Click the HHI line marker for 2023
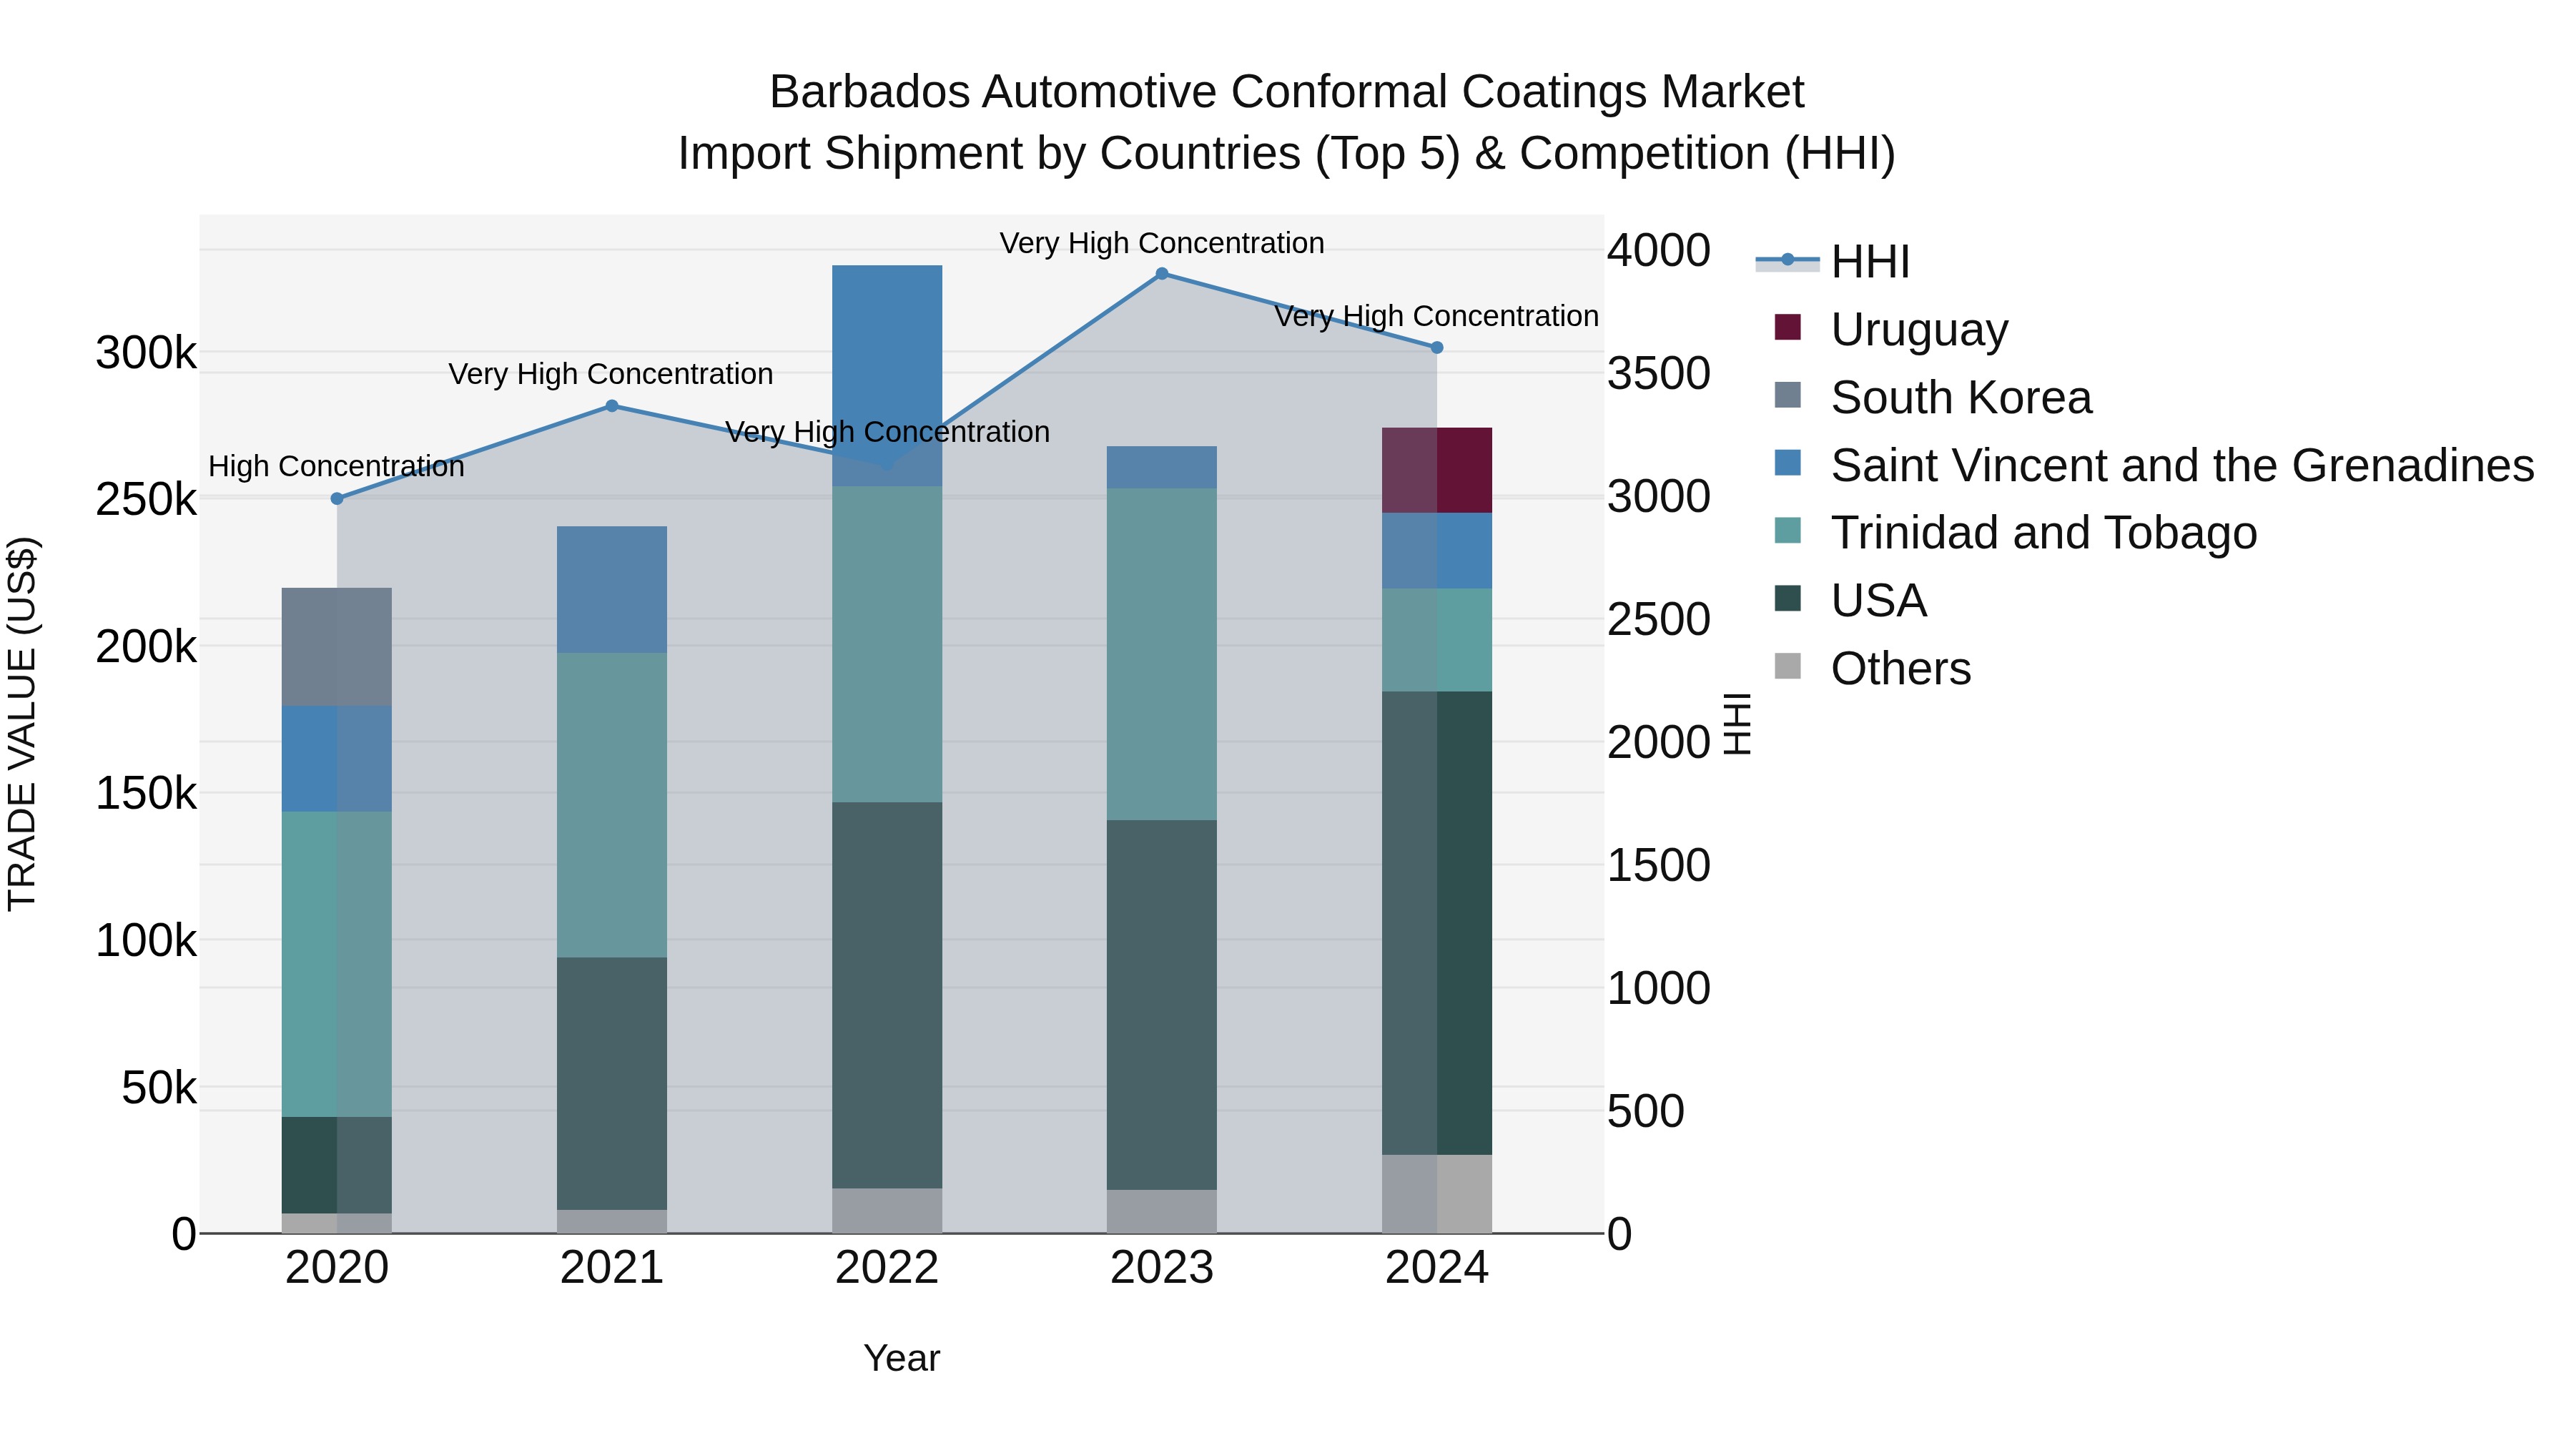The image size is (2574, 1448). point(1161,274)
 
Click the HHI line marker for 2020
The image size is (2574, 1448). point(337,498)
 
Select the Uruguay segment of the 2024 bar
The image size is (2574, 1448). point(1437,470)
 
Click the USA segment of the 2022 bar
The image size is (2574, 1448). point(887,995)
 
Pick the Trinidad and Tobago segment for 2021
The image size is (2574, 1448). point(611,804)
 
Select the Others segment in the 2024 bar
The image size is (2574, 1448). point(1437,1193)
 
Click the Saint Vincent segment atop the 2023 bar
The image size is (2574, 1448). point(1161,467)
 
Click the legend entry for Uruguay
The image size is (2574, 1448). point(1918,330)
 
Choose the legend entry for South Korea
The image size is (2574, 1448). point(1961,398)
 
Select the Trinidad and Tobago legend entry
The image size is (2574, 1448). point(2043,533)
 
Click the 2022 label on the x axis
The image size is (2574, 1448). point(887,1268)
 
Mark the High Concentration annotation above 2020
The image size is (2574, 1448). point(336,467)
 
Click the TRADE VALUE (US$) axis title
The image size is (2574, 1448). point(22,724)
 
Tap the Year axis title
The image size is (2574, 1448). point(902,1358)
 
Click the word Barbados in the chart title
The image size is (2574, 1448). point(869,92)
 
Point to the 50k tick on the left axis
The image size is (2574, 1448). point(159,1088)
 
